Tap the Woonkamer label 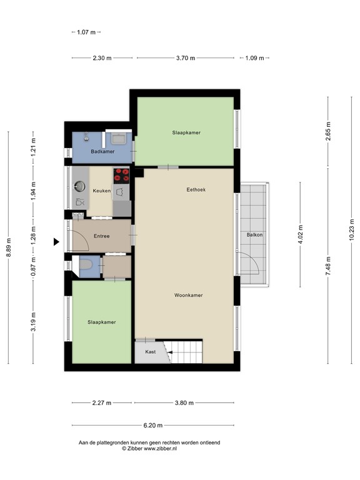(188, 296)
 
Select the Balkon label (254, 236)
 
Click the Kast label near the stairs (150, 352)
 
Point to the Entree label (101, 236)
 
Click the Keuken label (101, 191)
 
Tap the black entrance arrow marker (56, 242)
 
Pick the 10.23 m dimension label (351, 229)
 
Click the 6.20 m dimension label (152, 425)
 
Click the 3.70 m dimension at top (185, 58)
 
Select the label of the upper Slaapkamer (186, 132)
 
